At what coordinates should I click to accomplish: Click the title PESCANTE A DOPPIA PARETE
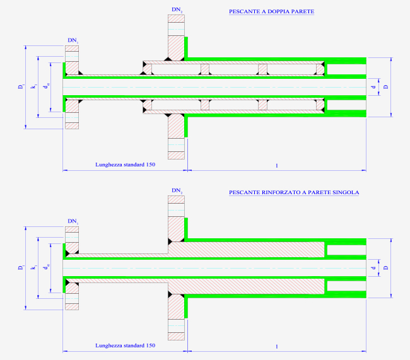click(271, 11)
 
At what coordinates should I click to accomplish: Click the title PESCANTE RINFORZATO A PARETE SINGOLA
click(294, 192)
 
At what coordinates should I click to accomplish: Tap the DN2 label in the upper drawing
click(177, 9)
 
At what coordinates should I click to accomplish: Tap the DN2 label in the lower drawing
click(177, 190)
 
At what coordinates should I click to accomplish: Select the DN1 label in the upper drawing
click(73, 40)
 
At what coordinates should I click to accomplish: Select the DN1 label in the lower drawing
click(73, 221)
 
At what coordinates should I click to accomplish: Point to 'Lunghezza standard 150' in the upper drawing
click(126, 165)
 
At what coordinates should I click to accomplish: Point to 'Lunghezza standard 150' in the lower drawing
click(126, 345)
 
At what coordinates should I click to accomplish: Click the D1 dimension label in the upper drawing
click(21, 86)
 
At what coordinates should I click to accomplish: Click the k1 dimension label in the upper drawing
click(34, 86)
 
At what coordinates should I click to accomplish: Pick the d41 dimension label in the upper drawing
click(47, 86)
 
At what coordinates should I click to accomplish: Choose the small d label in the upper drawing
click(373, 87)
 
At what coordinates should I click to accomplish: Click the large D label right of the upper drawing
click(386, 87)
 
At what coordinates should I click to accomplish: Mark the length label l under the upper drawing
click(277, 166)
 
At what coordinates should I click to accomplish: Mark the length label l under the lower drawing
click(277, 347)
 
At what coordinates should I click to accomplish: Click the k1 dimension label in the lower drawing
click(34, 267)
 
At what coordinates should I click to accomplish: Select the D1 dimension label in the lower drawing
click(21, 267)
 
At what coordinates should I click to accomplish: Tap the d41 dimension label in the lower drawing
click(47, 267)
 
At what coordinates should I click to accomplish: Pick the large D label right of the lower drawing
click(386, 268)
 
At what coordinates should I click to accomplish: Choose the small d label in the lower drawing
click(373, 268)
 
